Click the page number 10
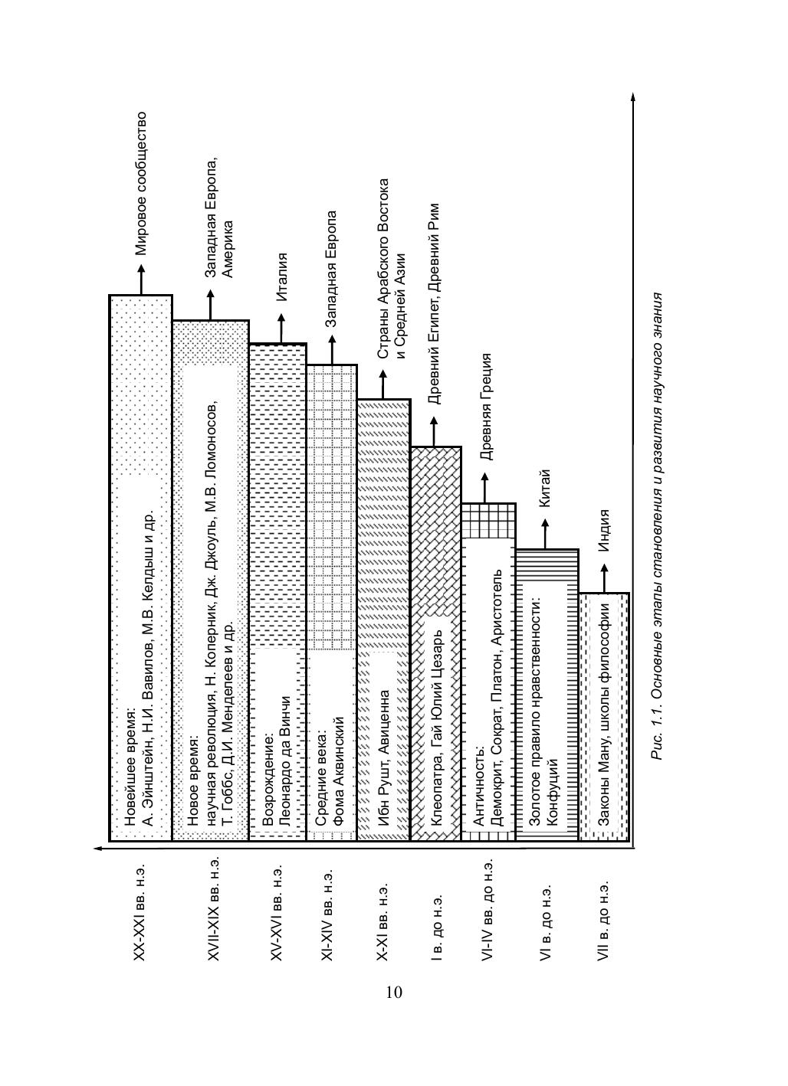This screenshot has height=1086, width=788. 393,993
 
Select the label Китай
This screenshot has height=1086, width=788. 545,487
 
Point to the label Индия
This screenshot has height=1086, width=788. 604,531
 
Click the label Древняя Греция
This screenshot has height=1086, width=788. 485,406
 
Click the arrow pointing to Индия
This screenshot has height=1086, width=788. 604,577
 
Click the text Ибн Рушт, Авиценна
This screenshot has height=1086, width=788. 384,767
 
